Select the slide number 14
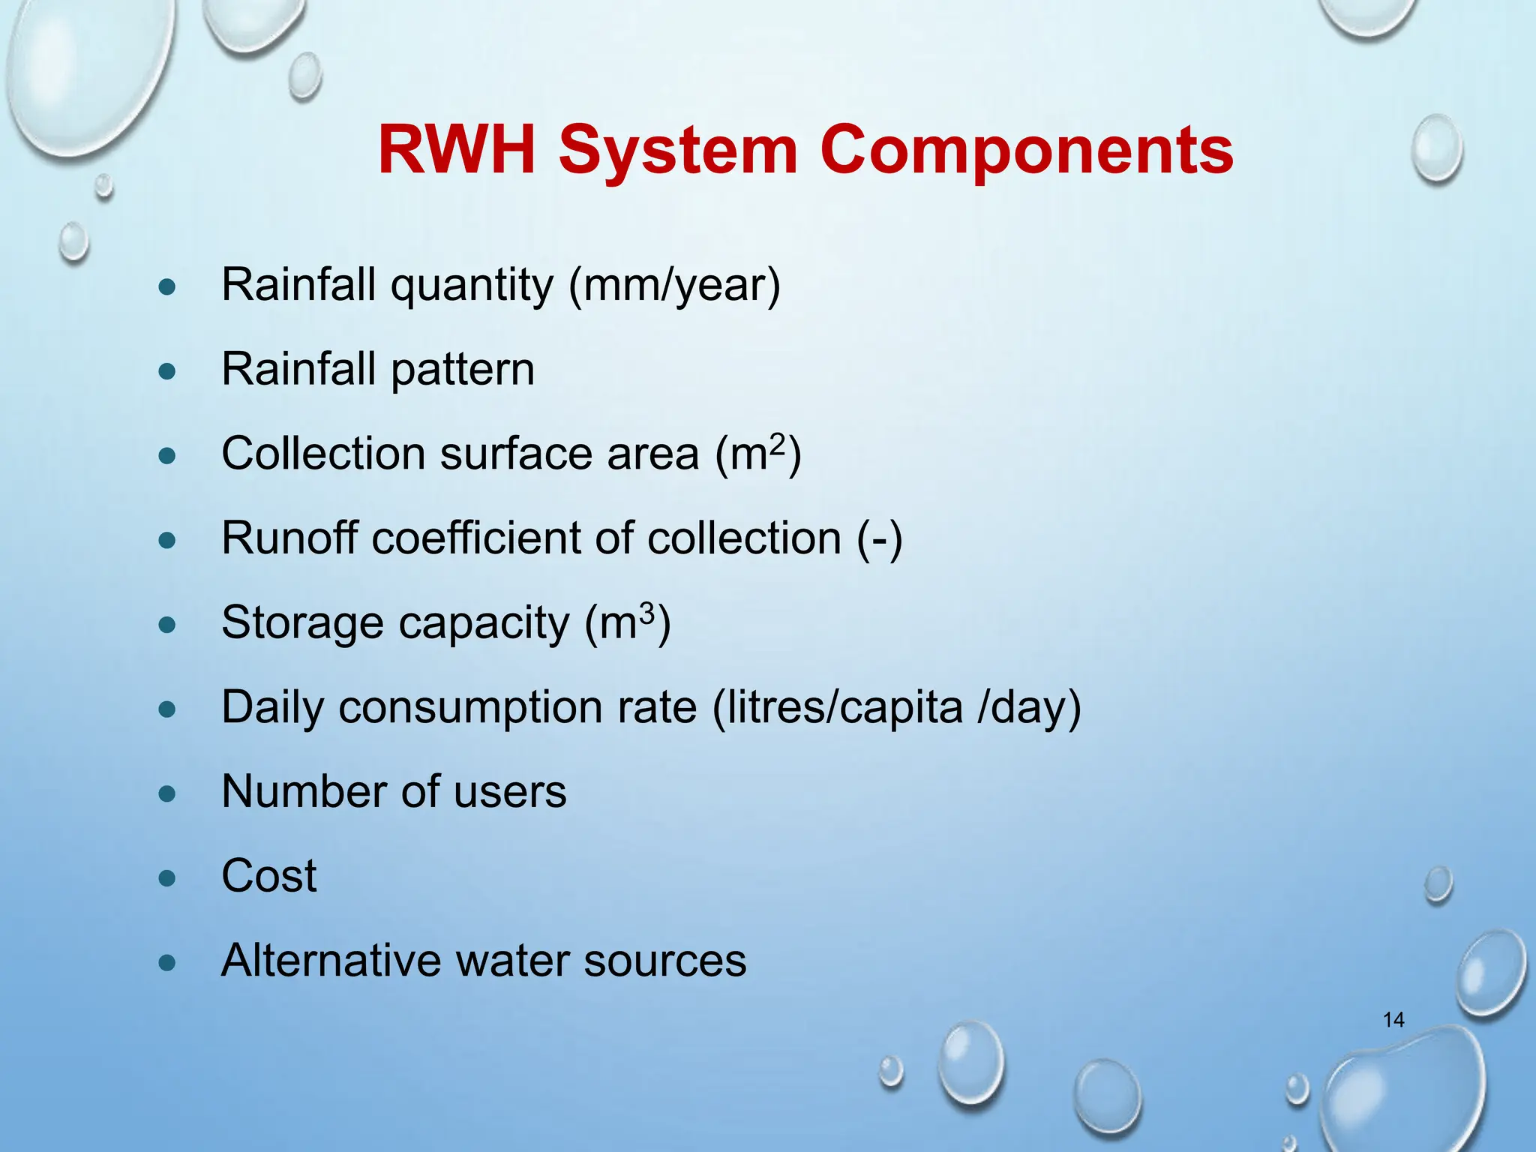click(x=1393, y=1020)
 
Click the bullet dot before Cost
click(x=167, y=877)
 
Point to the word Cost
click(x=268, y=875)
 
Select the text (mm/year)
click(x=674, y=286)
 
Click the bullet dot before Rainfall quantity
click(x=167, y=286)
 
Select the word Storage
click(x=301, y=623)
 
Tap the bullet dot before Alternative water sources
click(x=167, y=962)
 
